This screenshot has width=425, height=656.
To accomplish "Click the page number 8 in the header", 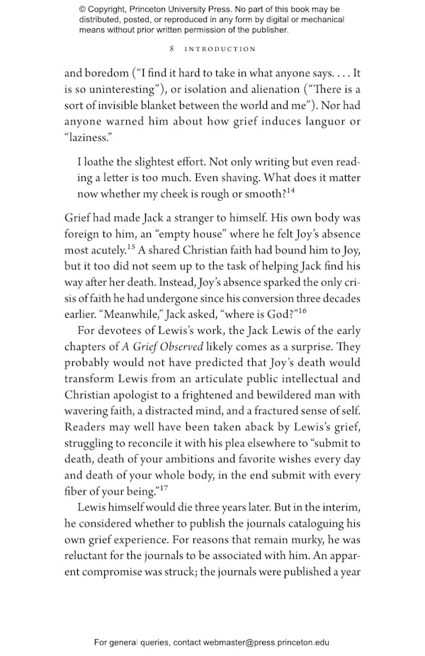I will [173, 50].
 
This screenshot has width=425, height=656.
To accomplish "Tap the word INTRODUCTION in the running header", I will [220, 50].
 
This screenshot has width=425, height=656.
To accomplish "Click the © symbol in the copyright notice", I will [84, 10].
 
